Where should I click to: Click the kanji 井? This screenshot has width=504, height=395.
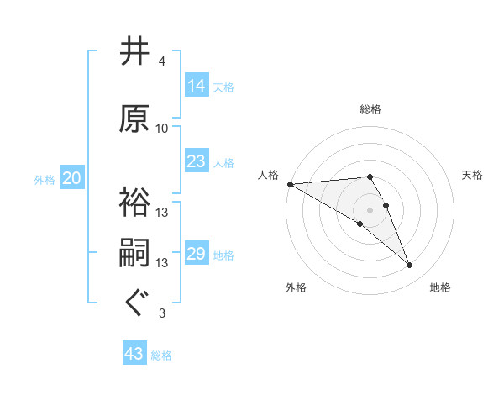(135, 52)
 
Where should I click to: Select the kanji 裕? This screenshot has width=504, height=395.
(135, 203)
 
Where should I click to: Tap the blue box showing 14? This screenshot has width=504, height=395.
(197, 86)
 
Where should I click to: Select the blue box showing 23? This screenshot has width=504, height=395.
(197, 161)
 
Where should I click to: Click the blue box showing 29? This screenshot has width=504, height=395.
(197, 254)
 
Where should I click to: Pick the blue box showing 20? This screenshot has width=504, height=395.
(72, 178)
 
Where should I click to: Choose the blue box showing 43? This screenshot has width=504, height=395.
(134, 354)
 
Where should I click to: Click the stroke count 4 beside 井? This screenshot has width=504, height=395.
(162, 61)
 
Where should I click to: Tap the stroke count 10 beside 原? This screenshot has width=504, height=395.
(162, 129)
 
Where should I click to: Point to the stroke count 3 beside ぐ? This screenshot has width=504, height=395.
(162, 313)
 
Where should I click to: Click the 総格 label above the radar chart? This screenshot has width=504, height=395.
(370, 109)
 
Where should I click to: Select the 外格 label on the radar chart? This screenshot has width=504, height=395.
(296, 287)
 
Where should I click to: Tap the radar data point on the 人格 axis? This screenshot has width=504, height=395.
(290, 184)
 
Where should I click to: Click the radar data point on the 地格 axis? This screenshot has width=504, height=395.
(410, 266)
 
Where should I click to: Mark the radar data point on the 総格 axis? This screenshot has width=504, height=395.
(370, 176)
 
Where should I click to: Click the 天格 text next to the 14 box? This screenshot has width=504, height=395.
(223, 87)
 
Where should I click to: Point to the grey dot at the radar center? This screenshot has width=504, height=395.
(370, 209)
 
